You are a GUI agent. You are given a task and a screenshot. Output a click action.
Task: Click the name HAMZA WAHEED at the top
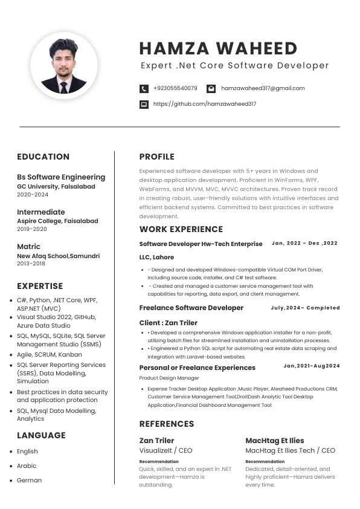click(x=218, y=49)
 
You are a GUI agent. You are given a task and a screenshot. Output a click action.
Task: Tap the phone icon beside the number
click(x=144, y=88)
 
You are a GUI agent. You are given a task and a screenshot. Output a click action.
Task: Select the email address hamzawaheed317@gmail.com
click(x=263, y=88)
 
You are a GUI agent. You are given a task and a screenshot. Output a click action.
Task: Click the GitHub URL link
click(x=205, y=104)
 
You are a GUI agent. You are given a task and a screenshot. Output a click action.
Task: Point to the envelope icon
click(x=211, y=88)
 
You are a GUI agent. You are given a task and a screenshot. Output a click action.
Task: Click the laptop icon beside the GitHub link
click(x=144, y=104)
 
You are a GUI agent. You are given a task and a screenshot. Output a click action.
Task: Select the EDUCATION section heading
click(x=43, y=157)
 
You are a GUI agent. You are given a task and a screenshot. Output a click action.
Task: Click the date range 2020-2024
click(x=33, y=195)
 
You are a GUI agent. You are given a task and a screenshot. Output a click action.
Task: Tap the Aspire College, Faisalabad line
click(x=57, y=221)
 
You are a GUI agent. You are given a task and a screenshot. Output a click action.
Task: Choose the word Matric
click(x=28, y=247)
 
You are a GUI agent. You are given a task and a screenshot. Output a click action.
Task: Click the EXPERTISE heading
click(x=40, y=286)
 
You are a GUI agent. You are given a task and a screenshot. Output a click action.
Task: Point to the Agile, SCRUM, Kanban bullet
click(x=49, y=354)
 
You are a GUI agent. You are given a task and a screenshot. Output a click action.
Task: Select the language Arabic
click(x=27, y=466)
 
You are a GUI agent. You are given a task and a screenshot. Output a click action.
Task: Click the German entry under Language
click(x=29, y=481)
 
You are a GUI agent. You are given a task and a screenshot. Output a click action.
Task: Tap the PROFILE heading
click(x=156, y=157)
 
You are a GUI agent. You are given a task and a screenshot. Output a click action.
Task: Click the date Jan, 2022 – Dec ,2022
click(x=304, y=243)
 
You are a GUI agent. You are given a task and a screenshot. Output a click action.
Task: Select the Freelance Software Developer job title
click(x=191, y=308)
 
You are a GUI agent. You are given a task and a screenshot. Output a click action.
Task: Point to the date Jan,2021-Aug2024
click(x=312, y=366)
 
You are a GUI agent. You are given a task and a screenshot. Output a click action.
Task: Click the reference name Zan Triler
click(x=156, y=441)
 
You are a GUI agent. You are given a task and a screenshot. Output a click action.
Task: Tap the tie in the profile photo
click(x=64, y=86)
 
